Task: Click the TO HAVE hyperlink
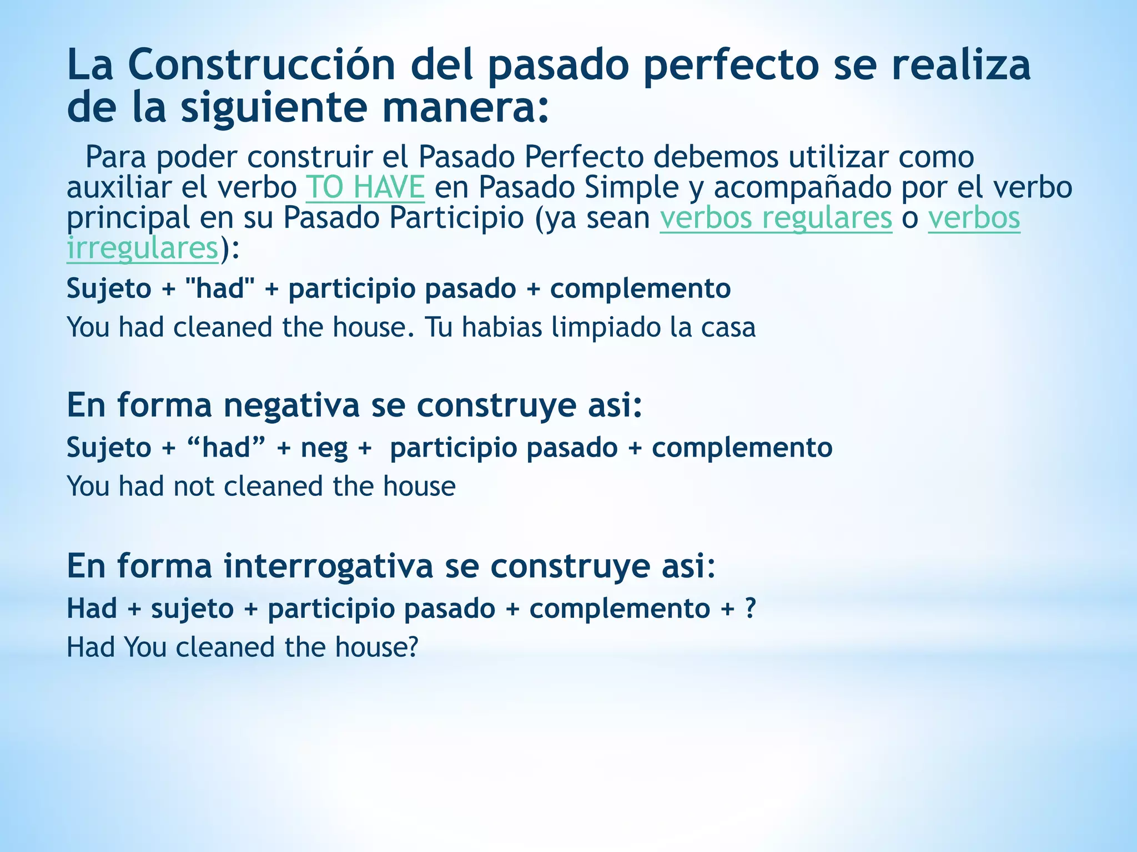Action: pos(365,187)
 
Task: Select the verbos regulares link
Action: pos(776,217)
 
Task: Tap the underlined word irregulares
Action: pos(142,248)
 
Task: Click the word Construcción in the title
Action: pos(261,65)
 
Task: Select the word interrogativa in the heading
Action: pos(329,566)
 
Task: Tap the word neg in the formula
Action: pos(324,448)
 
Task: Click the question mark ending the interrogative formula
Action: pos(750,608)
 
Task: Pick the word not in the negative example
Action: pos(193,486)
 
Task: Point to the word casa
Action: pos(728,327)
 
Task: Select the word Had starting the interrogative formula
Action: pos(92,608)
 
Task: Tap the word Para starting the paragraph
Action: pos(115,158)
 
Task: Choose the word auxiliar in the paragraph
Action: pos(119,187)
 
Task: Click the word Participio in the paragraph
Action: pos(456,217)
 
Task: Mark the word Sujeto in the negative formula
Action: pos(109,448)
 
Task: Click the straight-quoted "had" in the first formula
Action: pos(220,288)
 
